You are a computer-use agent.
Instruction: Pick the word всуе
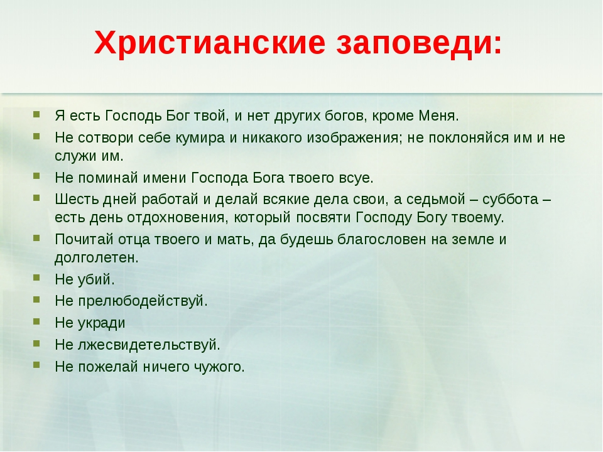pyautogui.click(x=356, y=178)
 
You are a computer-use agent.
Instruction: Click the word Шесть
pyautogui.click(x=77, y=199)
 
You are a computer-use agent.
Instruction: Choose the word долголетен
pyautogui.click(x=97, y=258)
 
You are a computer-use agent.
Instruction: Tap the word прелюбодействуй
pyautogui.click(x=143, y=301)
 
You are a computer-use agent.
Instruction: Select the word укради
pyautogui.click(x=102, y=323)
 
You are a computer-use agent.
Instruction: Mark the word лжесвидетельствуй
pyautogui.click(x=149, y=345)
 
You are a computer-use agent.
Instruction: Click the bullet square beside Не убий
pyautogui.click(x=36, y=277)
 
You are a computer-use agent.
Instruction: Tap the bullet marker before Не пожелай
pyautogui.click(x=36, y=364)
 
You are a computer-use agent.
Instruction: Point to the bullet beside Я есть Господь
pyautogui.click(x=36, y=114)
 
